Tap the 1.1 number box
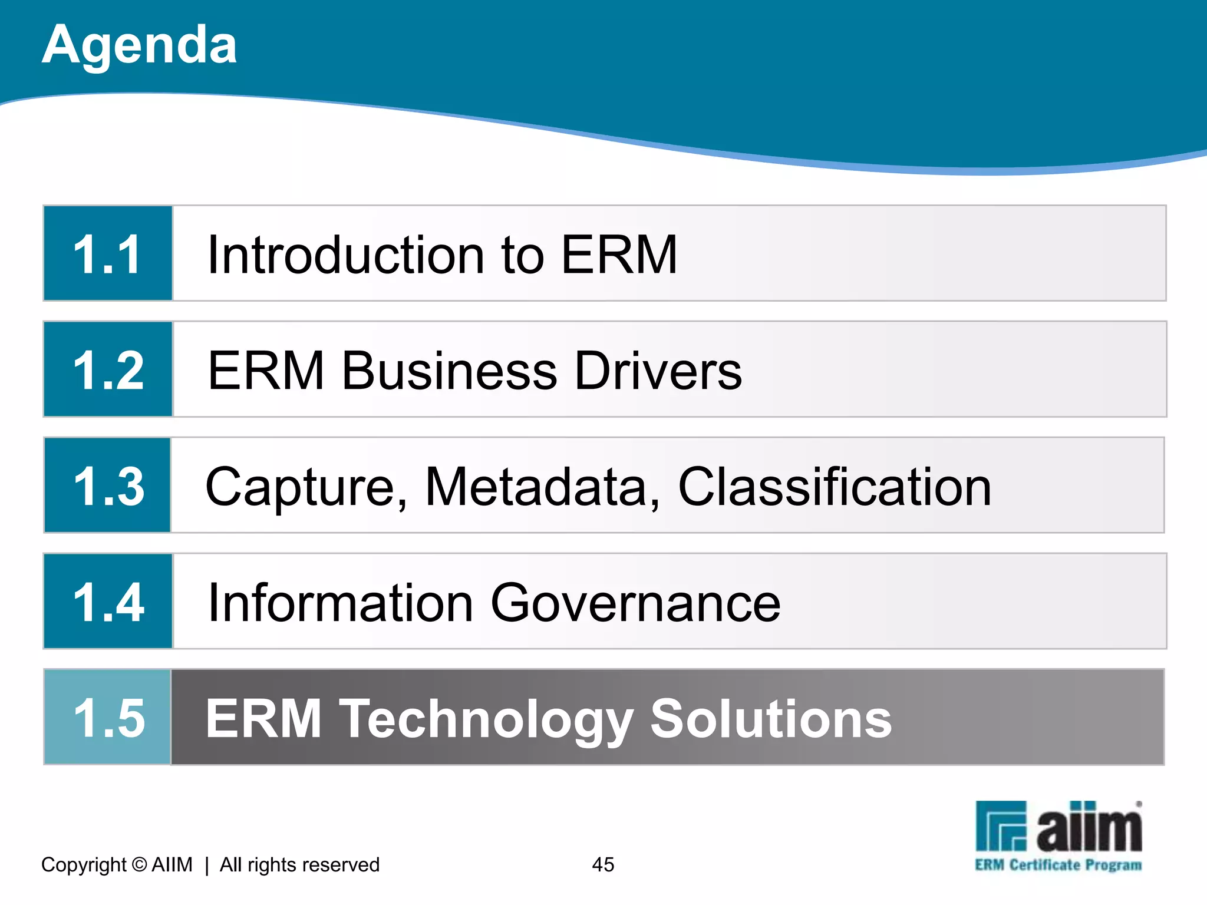point(108,253)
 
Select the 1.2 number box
point(108,369)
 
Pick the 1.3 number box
point(108,485)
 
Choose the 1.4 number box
point(108,602)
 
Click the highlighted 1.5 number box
point(108,717)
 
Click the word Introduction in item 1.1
point(346,255)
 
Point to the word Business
point(450,371)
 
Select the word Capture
point(305,488)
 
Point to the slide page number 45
point(603,864)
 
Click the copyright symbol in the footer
point(140,864)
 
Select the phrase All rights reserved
point(299,864)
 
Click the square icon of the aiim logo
point(1001,825)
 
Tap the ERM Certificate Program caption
point(1058,865)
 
